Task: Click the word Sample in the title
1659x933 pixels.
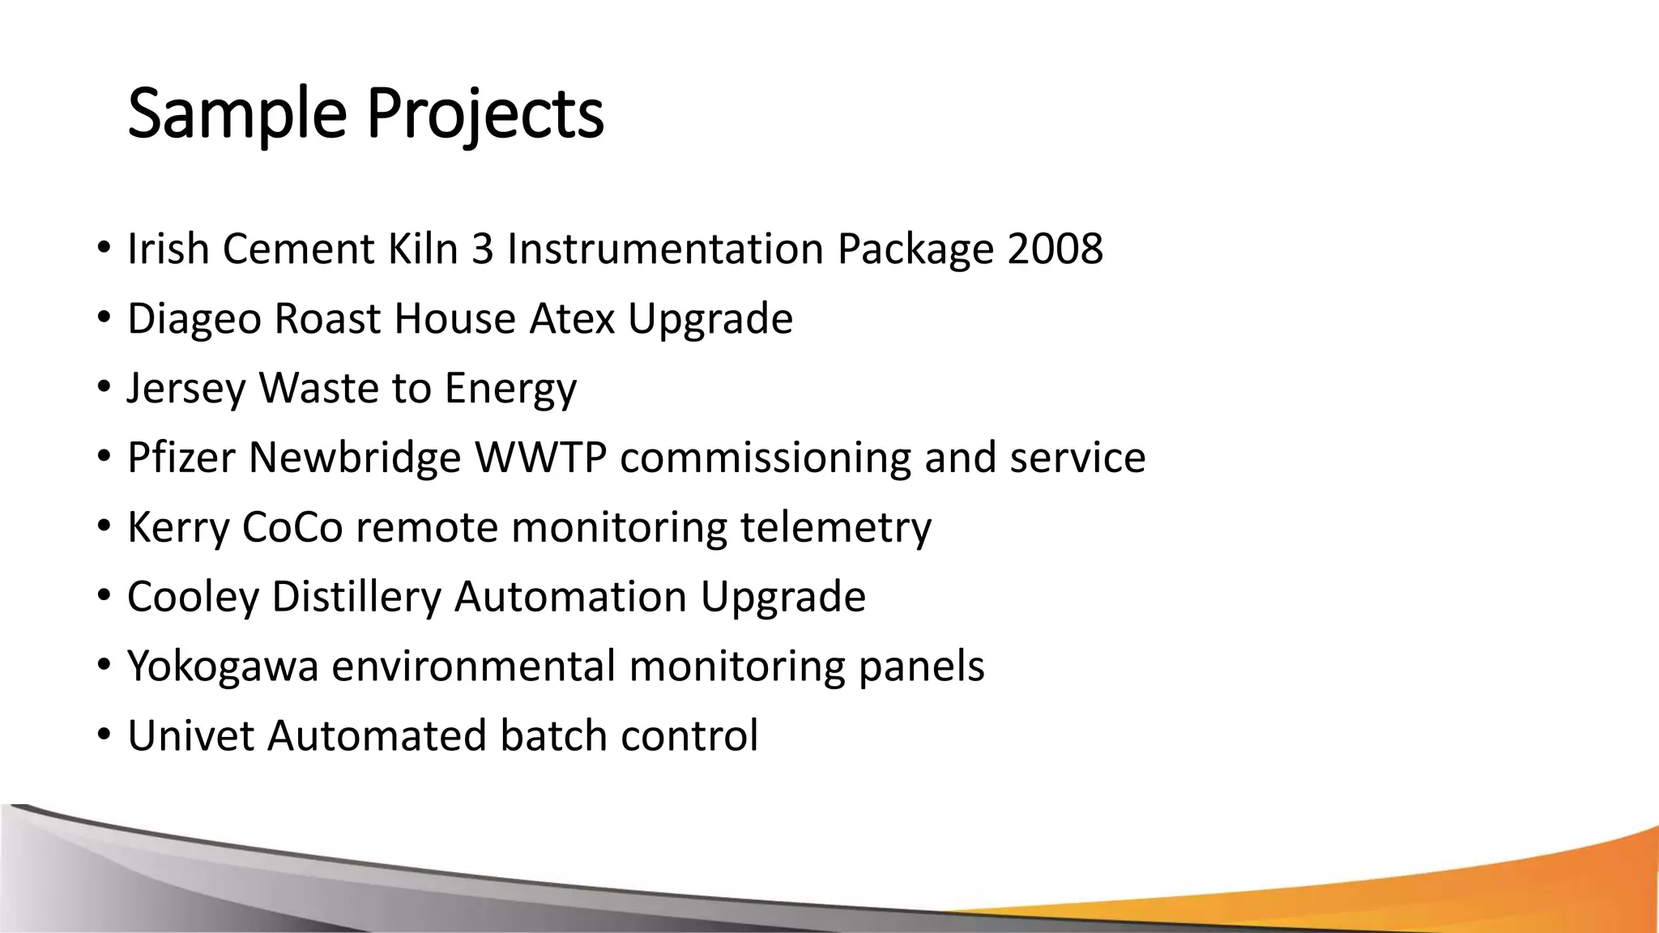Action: (237, 114)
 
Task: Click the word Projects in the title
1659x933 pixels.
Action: (484, 114)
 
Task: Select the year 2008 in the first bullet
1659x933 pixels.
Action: (1055, 249)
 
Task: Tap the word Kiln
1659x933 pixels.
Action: (423, 249)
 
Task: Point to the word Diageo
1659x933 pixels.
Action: (194, 318)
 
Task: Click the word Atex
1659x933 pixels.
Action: (572, 318)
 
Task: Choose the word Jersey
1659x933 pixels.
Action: (186, 388)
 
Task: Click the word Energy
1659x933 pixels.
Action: (510, 388)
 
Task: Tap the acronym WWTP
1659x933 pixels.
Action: (540, 458)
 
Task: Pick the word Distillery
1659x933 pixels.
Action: (356, 597)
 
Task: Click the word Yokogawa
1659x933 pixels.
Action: (223, 667)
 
